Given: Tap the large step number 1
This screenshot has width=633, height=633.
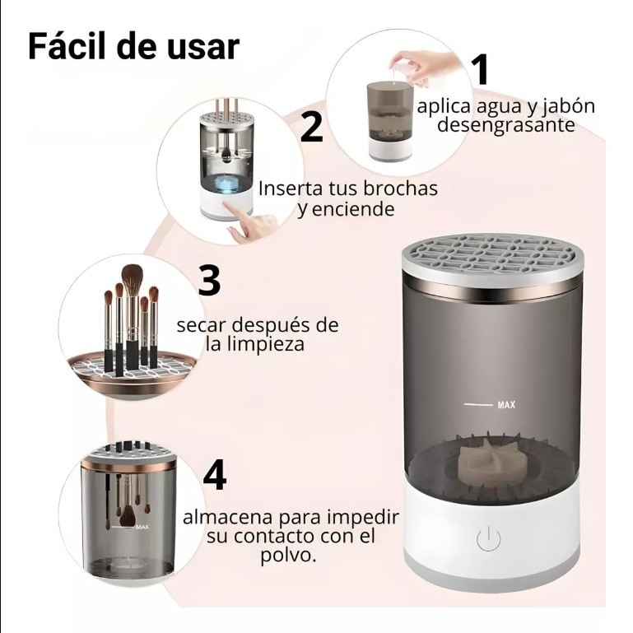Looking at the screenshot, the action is coord(481,69).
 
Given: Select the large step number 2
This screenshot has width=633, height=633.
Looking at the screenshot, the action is coord(312,127).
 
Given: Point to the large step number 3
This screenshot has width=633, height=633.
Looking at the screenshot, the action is coord(209,280).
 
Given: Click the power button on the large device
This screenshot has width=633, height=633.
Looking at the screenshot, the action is coord(488,538).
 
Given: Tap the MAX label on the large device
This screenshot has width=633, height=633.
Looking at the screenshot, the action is coord(506,404).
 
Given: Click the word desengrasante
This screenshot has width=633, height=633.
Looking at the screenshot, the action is coord(506,125).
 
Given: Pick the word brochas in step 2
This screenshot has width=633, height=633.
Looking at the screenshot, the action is coord(400,189).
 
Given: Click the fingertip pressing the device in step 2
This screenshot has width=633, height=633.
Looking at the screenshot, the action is coord(227,207).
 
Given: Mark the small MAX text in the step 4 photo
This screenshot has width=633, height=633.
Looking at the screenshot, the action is coord(142,527).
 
